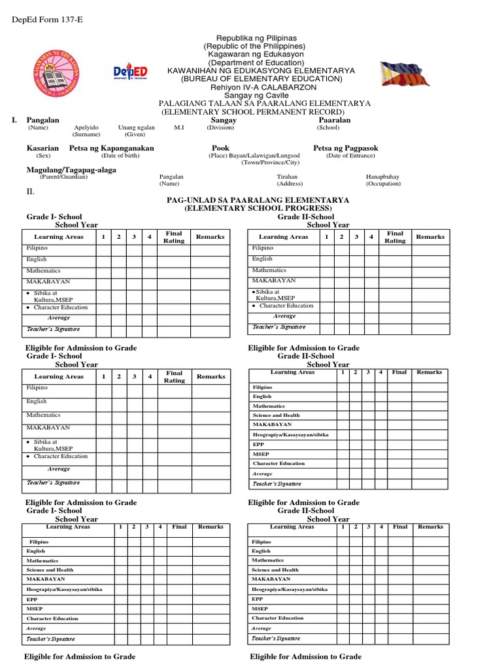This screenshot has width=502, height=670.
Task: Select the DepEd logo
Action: [130, 71]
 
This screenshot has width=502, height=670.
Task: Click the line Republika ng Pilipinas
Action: [261, 39]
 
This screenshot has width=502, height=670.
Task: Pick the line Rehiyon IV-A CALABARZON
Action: [261, 87]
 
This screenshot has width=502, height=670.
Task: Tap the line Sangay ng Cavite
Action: [261, 96]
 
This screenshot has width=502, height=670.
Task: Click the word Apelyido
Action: [86, 128]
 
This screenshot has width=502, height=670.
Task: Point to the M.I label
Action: [178, 128]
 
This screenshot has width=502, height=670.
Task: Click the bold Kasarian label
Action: [42, 149]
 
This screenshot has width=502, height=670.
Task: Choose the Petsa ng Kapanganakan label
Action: [112, 149]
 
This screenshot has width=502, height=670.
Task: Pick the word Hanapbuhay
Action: [383, 177]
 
